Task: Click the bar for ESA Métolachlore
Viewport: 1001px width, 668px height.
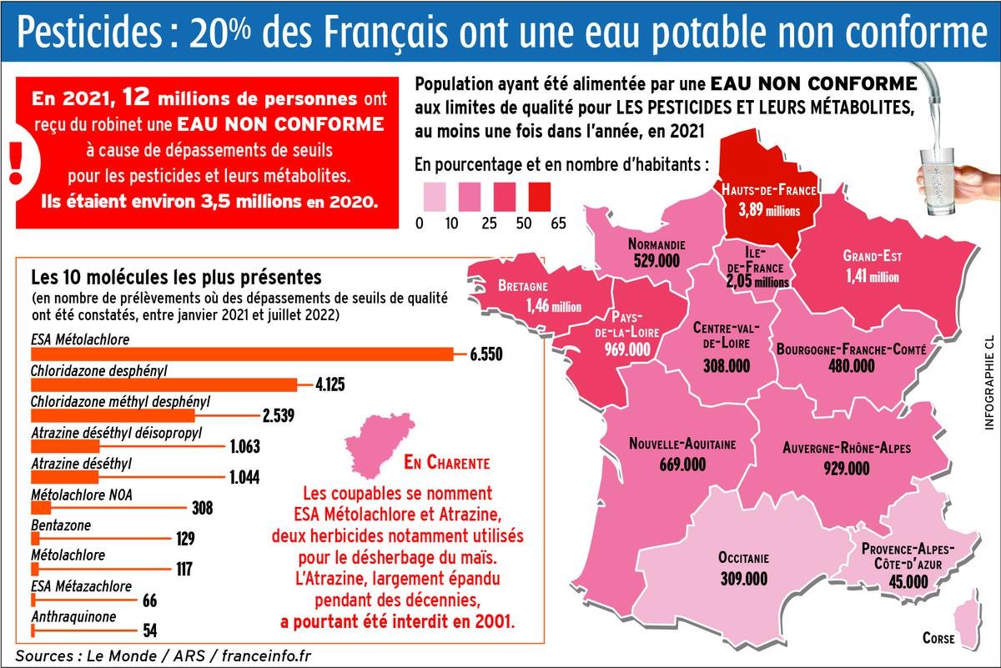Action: coord(242,354)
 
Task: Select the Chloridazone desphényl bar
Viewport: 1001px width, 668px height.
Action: coord(164,384)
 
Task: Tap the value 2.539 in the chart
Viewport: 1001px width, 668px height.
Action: coord(279,415)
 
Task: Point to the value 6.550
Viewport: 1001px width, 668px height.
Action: coord(486,354)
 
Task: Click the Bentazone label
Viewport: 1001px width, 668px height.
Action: coord(61,525)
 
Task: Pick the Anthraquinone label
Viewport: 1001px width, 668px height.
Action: coord(73,616)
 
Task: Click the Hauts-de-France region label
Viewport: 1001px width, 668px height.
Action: coord(768,190)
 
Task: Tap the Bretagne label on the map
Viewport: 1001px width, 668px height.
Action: coord(523,285)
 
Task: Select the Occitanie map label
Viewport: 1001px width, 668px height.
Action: coord(743,558)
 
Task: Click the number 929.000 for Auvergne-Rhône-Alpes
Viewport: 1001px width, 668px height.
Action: coord(847,469)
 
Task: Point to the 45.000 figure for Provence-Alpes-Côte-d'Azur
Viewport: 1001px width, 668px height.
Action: coord(908,582)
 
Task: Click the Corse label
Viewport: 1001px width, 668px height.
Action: coord(938,638)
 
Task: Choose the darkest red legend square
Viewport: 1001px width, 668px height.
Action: coord(540,197)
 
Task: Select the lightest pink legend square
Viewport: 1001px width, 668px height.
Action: coord(435,197)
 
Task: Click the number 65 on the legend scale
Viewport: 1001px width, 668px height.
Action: coord(558,223)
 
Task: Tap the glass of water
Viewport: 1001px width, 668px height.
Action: coord(938,182)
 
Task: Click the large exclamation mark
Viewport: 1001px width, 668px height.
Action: coord(16,163)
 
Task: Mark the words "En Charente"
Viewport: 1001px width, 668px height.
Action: coord(447,463)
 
